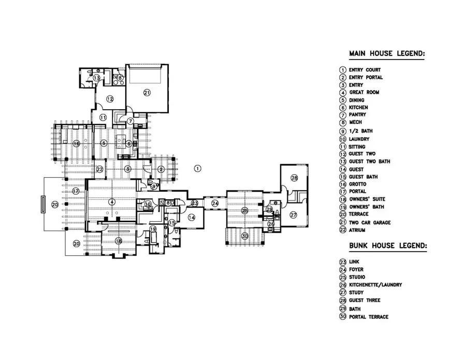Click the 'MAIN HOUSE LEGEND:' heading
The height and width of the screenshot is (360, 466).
387,53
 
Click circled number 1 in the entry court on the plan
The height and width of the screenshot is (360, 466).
197,168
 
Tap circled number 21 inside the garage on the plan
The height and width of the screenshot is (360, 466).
147,93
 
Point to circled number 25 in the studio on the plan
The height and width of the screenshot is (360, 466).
245,211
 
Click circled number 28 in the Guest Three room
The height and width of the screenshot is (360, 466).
294,178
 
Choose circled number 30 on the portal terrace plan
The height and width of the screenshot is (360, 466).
245,236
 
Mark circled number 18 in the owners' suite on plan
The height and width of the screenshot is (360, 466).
119,241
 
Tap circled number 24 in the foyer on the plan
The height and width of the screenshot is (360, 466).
215,204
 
